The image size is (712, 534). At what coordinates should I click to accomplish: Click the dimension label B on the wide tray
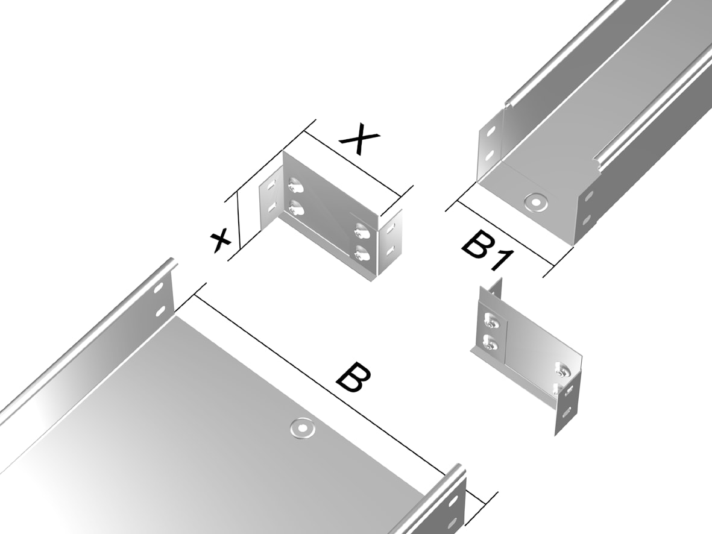(353, 377)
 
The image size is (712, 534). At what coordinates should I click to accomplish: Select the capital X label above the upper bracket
(360, 138)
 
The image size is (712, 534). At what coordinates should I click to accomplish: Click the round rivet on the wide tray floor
(303, 428)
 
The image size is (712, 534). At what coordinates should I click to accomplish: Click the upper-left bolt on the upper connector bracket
(296, 186)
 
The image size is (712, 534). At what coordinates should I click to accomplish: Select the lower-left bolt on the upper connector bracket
(295, 207)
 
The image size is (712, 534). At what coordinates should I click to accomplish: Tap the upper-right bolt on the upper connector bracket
(362, 231)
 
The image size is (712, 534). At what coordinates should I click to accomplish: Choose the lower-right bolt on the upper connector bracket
(362, 253)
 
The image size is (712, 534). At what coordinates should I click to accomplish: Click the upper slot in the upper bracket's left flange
(271, 186)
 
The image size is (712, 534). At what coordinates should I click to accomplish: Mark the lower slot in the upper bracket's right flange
(389, 249)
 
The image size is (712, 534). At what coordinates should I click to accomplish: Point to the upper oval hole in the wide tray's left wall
(158, 289)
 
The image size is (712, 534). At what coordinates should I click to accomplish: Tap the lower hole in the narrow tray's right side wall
(586, 220)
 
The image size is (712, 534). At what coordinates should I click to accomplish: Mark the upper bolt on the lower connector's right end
(562, 370)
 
